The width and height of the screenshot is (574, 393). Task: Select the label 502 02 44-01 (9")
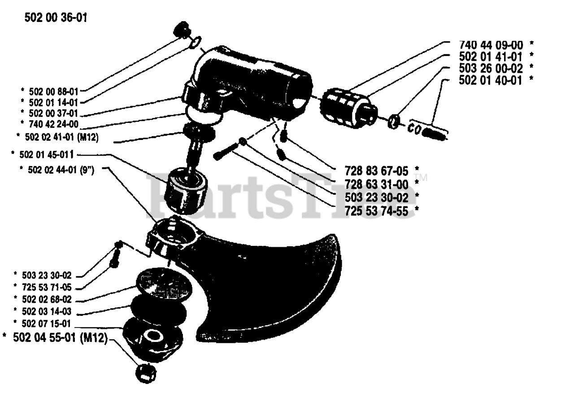pyautogui.click(x=57, y=169)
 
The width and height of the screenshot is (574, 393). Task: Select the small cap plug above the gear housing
pyautogui.click(x=181, y=30)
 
